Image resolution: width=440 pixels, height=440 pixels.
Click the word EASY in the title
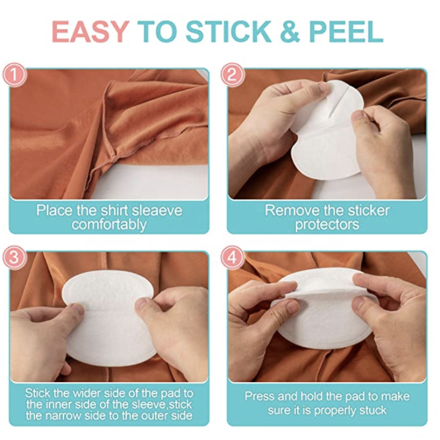(x=91, y=32)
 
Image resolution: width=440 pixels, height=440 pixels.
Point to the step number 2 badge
(x=233, y=75)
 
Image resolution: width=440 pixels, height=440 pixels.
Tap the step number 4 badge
(x=233, y=257)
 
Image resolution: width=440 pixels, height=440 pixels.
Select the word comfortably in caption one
(x=109, y=224)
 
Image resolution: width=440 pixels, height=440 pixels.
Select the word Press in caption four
(x=260, y=397)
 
